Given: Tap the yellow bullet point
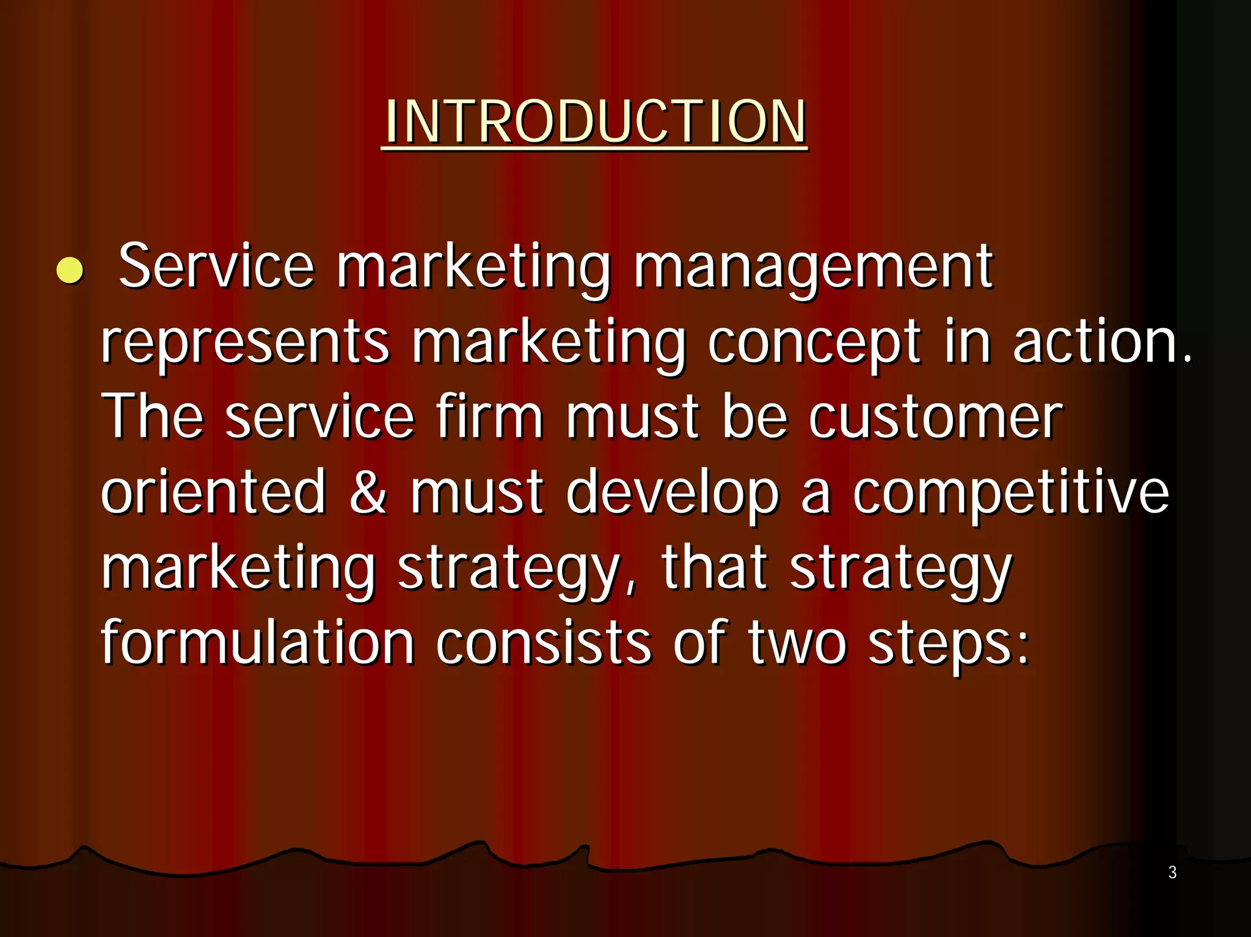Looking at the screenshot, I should (x=70, y=270).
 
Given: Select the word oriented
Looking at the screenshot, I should (x=214, y=492).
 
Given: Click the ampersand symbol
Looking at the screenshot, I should (x=368, y=492).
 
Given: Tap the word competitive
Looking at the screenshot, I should (x=1010, y=492).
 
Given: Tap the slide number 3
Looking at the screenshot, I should (x=1172, y=872).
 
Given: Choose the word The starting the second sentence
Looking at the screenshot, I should (x=152, y=417).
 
